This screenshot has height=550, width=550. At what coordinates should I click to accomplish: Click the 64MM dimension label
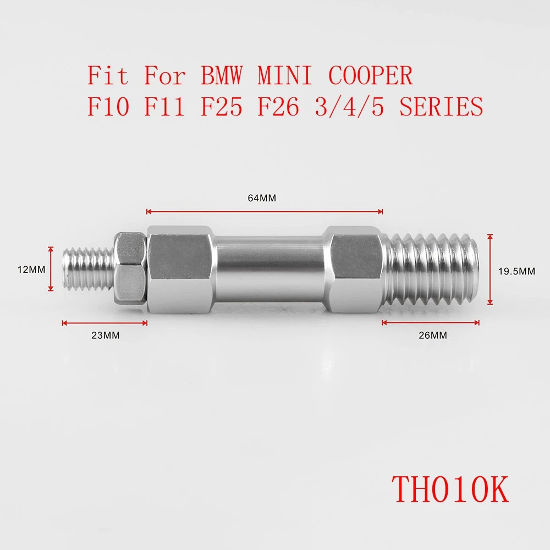pos(262,199)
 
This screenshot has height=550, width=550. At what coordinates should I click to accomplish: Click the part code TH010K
pos(450,489)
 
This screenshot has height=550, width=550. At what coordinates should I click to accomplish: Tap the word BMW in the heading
pos(221,76)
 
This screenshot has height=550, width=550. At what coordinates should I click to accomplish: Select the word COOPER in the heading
pos(371,76)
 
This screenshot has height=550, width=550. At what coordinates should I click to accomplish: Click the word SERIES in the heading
pos(441,107)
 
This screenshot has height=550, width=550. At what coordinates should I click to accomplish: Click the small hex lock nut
pos(130,269)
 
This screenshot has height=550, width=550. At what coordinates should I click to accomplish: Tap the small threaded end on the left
pos(88,269)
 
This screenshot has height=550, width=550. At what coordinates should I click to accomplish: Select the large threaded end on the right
pos(432,269)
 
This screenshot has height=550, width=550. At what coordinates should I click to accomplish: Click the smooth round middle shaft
pos(269,269)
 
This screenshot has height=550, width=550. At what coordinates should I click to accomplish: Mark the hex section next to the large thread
pos(356,269)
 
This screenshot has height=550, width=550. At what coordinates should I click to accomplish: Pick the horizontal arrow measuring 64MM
pos(265,211)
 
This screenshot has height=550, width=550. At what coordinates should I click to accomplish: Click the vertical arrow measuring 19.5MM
pos(490,269)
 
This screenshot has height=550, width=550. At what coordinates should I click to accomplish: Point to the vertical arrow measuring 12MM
pos(51,269)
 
